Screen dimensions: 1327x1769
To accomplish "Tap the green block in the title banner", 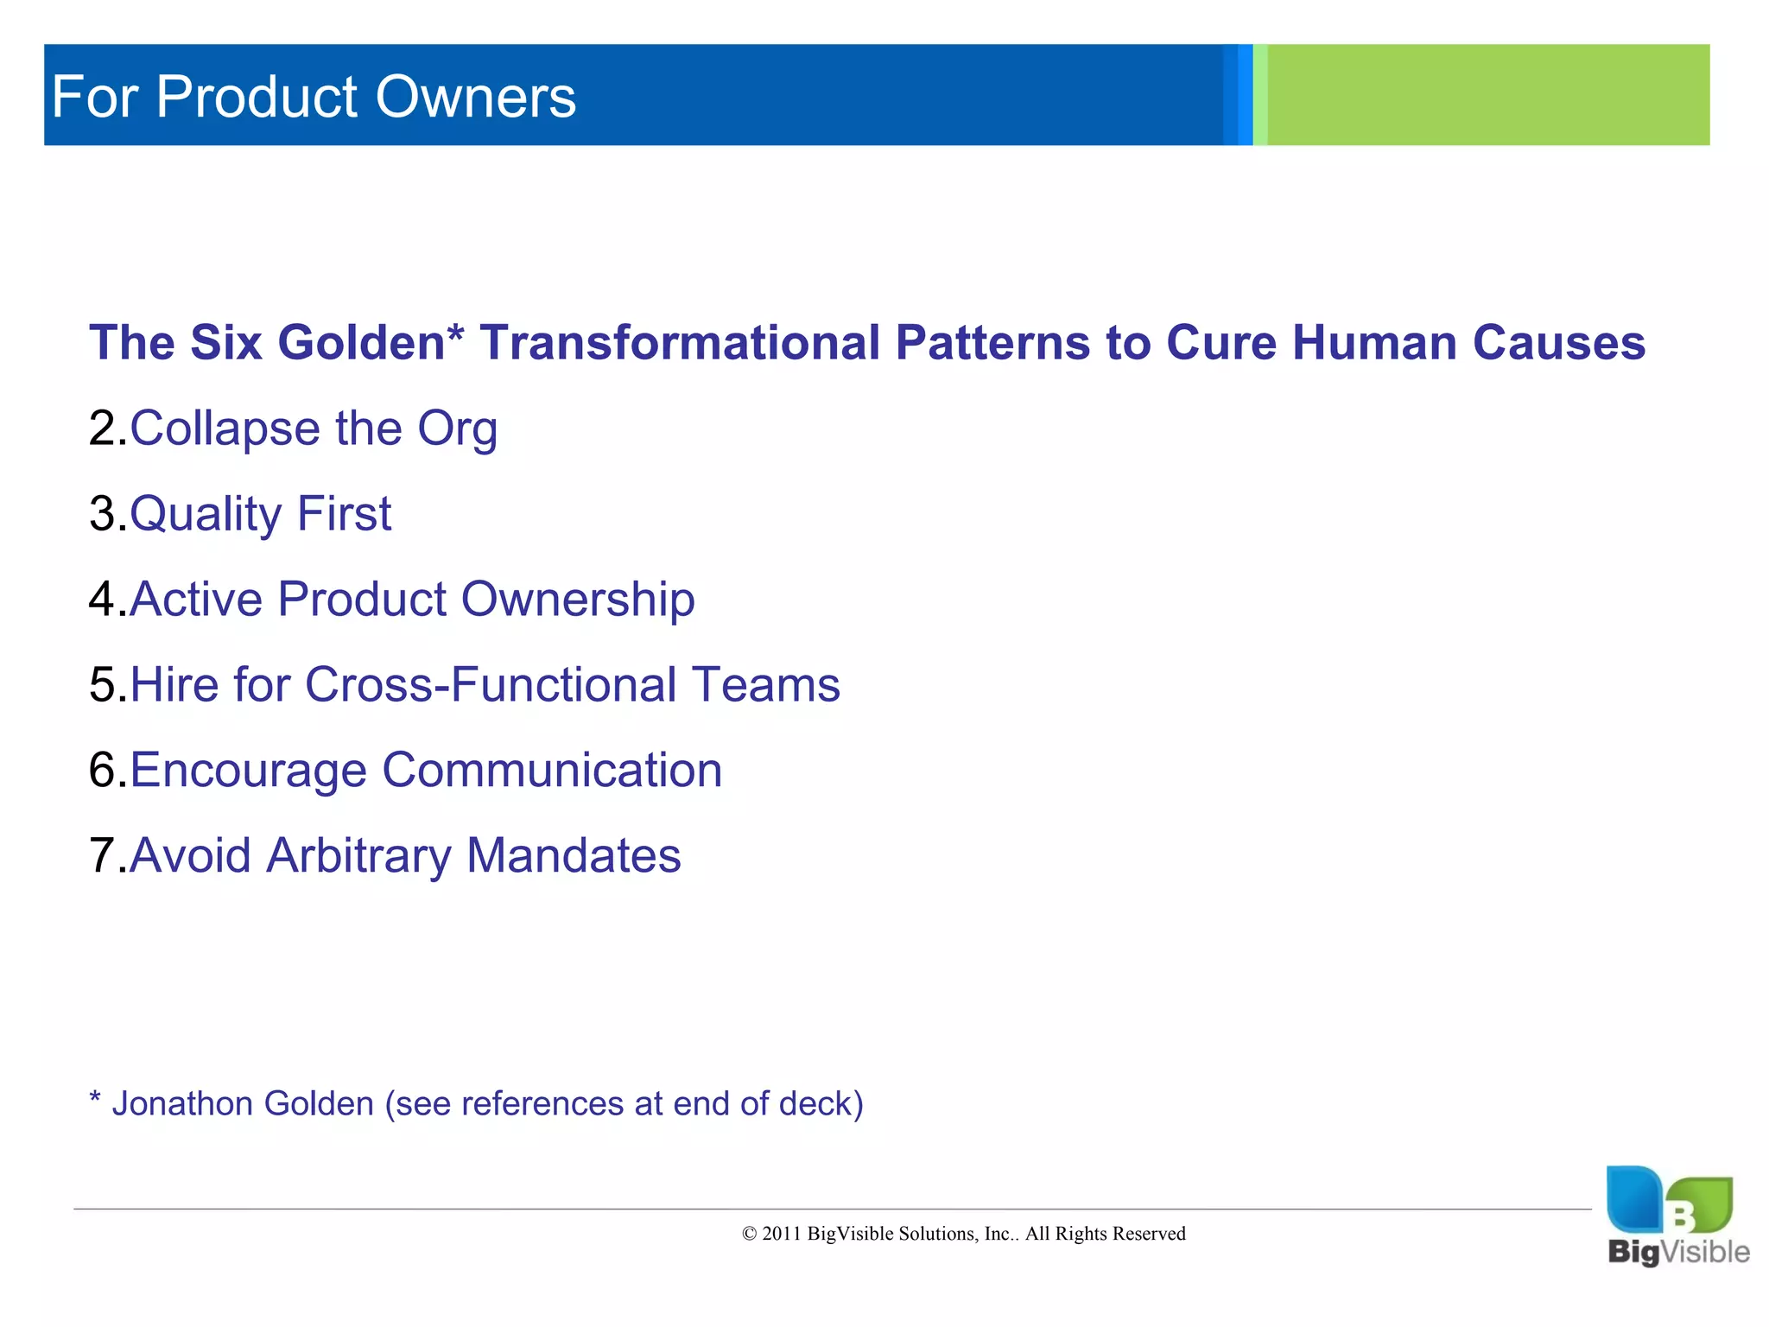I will (1486, 95).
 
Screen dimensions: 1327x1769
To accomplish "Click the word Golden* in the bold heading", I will (371, 343).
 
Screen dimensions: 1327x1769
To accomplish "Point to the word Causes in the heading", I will (1558, 343).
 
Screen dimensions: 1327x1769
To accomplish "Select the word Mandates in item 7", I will (574, 856).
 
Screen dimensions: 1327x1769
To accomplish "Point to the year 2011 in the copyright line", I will (781, 1234).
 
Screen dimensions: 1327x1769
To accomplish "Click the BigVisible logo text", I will (1678, 1252).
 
